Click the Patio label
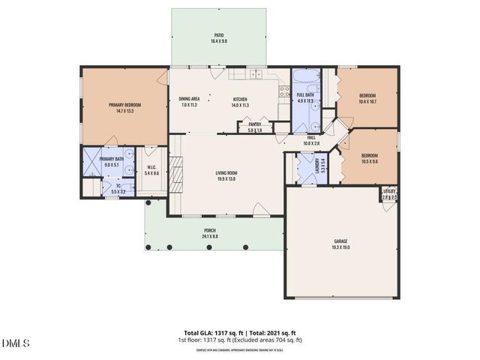click(x=219, y=34)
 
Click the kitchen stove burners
click(x=285, y=92)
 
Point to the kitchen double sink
click(x=256, y=73)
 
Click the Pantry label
click(x=255, y=127)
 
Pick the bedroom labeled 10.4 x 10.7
click(x=367, y=98)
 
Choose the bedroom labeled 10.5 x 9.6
click(x=369, y=158)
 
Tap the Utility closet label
click(x=388, y=194)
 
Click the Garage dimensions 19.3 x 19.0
click(x=340, y=247)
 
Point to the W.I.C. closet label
click(x=151, y=169)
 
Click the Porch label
click(x=210, y=232)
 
